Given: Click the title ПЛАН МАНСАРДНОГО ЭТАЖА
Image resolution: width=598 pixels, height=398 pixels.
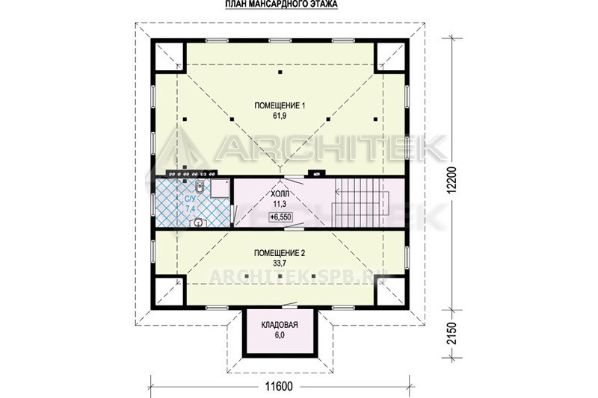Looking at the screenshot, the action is coord(282,4).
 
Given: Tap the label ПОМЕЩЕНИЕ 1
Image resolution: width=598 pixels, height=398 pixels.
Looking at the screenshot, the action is coord(280,106).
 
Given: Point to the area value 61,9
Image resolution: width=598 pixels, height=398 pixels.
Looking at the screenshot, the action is coord(280,116).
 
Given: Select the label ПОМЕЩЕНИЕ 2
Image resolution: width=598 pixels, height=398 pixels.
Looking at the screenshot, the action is coord(280,253).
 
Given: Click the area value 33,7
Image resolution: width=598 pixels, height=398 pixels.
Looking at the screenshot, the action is coord(280,263).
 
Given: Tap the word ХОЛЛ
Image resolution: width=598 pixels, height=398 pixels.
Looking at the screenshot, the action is coord(280,194).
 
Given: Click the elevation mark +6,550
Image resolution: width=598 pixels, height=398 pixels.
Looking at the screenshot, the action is coord(280,217).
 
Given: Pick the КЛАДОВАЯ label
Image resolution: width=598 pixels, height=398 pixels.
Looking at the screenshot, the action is coord(280,325).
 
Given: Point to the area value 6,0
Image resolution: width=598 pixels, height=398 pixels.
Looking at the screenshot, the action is coord(280,335).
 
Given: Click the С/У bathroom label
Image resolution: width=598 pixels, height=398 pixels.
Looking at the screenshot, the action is coord(190,199).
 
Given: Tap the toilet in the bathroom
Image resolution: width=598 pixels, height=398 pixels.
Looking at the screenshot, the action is coord(200,187).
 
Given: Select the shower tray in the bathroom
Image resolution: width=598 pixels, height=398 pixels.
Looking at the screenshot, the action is coord(220,189).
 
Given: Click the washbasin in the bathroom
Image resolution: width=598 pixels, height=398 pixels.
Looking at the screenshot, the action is coord(198,222).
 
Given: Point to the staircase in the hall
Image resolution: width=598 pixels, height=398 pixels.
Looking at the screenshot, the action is coord(360,202).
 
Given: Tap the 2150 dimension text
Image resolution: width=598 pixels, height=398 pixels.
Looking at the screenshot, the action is coord(451,334).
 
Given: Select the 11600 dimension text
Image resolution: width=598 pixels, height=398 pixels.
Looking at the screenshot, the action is coord(280,387).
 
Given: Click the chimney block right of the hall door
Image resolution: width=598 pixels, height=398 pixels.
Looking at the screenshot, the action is coord(316,173).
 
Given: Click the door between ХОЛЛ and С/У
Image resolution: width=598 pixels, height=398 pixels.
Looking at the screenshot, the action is coord(233,214).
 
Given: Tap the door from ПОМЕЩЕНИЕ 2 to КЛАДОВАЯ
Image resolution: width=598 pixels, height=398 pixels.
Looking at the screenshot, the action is coord(291,305).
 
